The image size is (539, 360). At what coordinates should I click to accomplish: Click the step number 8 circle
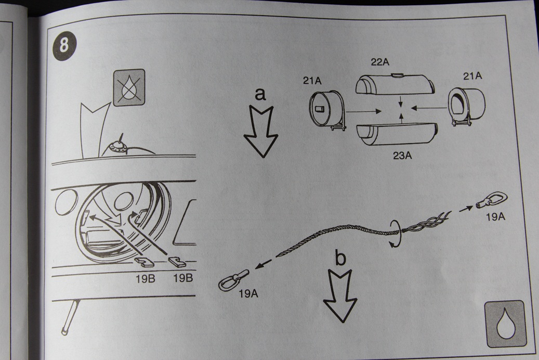[64, 45]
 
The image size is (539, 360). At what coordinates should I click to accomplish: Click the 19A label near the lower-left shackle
[249, 293]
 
